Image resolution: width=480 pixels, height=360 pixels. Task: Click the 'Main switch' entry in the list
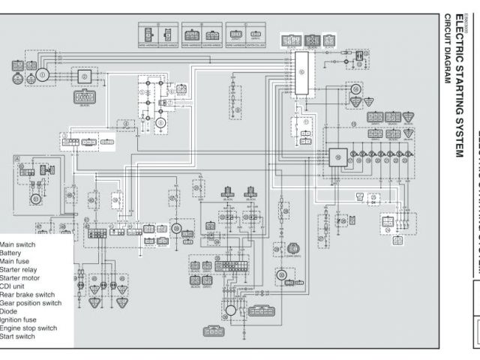click(x=18, y=245)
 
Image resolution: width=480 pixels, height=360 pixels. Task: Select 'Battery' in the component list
click(x=16, y=253)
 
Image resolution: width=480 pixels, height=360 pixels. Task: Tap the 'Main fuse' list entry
click(x=19, y=262)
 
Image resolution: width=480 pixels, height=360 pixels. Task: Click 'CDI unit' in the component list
click(x=16, y=286)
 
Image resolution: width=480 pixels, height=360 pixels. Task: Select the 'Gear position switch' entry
click(x=31, y=303)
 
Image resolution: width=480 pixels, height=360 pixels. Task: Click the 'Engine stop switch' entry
click(x=28, y=328)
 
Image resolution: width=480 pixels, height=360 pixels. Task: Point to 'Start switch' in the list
click(x=19, y=336)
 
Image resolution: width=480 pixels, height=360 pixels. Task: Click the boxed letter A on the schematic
click(x=16, y=159)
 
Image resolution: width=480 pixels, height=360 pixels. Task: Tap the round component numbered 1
click(x=43, y=74)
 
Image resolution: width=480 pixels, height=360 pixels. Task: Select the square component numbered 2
click(x=85, y=76)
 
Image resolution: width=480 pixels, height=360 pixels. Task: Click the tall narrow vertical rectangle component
click(x=301, y=73)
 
